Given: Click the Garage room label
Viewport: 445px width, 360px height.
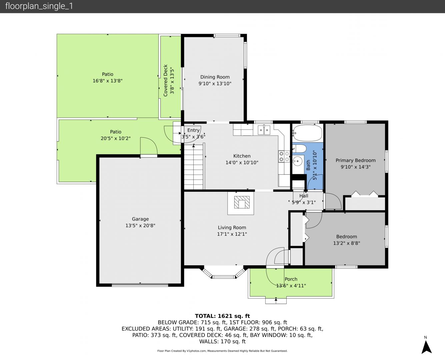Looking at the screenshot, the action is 140,219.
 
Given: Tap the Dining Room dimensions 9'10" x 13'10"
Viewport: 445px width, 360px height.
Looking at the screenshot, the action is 215,84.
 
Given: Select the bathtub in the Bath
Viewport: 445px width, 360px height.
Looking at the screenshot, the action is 307,133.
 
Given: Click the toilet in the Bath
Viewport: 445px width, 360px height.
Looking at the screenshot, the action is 299,149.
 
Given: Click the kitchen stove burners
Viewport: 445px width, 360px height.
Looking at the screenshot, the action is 284,156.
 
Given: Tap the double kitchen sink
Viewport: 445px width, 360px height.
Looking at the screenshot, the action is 264,130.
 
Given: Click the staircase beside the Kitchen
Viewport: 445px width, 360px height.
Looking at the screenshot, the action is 193,166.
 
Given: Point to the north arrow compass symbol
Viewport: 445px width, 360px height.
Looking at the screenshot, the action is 426,347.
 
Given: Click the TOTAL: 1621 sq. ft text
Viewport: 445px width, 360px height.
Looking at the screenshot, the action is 222,316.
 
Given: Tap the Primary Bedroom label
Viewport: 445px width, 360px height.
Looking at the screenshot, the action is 355,160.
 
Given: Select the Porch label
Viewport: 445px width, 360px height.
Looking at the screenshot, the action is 291,279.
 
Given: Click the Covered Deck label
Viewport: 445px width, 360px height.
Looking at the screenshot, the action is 165,80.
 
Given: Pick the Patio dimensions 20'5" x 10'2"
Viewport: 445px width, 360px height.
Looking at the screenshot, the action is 116,138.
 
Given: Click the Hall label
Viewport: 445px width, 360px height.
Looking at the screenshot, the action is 304,196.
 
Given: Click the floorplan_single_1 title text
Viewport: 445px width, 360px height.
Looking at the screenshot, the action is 39,6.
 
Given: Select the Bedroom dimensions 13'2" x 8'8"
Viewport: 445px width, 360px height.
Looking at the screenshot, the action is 346,243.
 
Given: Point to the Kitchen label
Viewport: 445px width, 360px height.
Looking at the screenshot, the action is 242,156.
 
